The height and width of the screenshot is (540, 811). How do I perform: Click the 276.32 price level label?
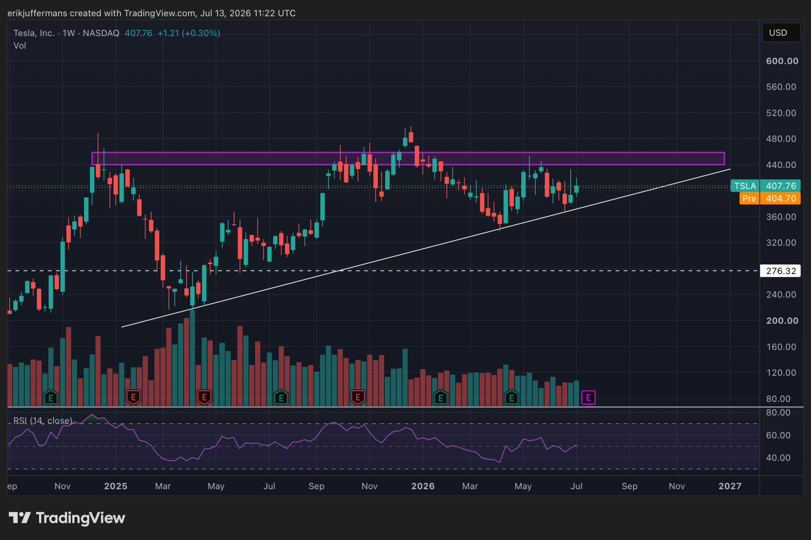(x=780, y=271)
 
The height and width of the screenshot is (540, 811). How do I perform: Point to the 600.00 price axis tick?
(x=782, y=61)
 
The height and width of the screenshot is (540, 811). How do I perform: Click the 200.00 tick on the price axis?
(x=782, y=321)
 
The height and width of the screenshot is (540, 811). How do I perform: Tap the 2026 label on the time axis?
(x=423, y=486)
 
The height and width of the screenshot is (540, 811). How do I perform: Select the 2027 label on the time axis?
(x=730, y=486)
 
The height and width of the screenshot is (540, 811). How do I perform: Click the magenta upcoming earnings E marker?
(x=588, y=397)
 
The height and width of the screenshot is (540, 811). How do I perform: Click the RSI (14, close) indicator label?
(x=43, y=421)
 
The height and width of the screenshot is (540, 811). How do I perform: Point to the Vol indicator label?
(x=20, y=46)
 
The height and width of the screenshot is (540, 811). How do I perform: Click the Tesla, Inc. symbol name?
(x=34, y=33)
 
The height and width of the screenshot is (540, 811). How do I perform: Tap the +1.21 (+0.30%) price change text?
(x=189, y=33)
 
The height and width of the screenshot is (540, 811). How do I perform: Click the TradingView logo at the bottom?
(x=67, y=518)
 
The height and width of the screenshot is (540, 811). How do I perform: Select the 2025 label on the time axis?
(x=116, y=486)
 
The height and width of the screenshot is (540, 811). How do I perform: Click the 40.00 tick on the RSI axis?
(x=778, y=458)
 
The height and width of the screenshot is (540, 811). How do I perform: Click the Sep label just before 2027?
(x=629, y=486)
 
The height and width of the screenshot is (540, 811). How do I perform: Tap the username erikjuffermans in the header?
(x=37, y=13)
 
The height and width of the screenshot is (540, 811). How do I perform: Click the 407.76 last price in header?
(x=139, y=33)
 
